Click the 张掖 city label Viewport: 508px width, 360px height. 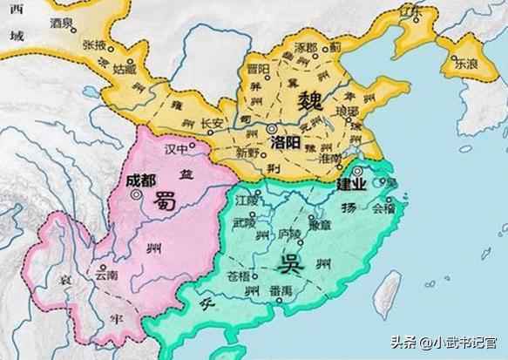pos(94,44)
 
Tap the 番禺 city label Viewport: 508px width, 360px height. pos(281,289)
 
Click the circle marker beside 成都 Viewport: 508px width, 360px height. pos(136,196)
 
